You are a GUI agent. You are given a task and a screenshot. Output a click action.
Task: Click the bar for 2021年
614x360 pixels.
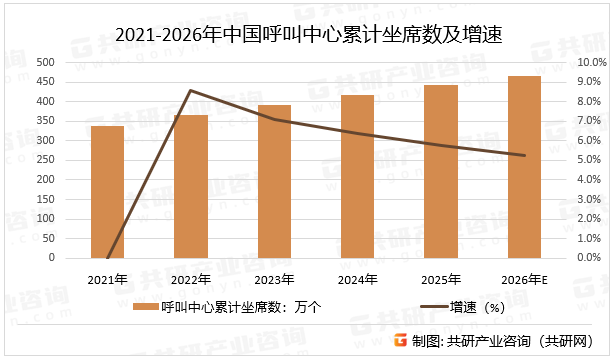coord(107,192)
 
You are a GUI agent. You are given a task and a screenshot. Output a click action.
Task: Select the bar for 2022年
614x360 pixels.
coord(190,186)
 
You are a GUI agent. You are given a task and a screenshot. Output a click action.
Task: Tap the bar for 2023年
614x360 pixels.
coord(274,181)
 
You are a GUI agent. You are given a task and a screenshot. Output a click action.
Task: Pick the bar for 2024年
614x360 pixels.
coord(357,176)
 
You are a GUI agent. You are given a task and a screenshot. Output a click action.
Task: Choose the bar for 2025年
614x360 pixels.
coord(440,171)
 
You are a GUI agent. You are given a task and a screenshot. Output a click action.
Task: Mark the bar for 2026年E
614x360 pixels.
coord(524,167)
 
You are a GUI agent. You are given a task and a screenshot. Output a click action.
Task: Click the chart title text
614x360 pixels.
coord(307,35)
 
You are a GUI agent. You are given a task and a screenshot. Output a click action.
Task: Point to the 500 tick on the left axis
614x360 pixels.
coord(44,62)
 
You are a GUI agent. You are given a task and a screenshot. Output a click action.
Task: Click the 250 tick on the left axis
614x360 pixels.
coord(44,160)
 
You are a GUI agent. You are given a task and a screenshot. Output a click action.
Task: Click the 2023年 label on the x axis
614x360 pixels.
coord(274,279)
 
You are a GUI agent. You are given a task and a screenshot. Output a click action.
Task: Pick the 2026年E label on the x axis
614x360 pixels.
coord(524,279)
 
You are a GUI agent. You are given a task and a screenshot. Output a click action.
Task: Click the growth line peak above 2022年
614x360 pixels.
coord(190,90)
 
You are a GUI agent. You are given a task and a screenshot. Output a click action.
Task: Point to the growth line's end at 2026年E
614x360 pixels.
coord(524,155)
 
